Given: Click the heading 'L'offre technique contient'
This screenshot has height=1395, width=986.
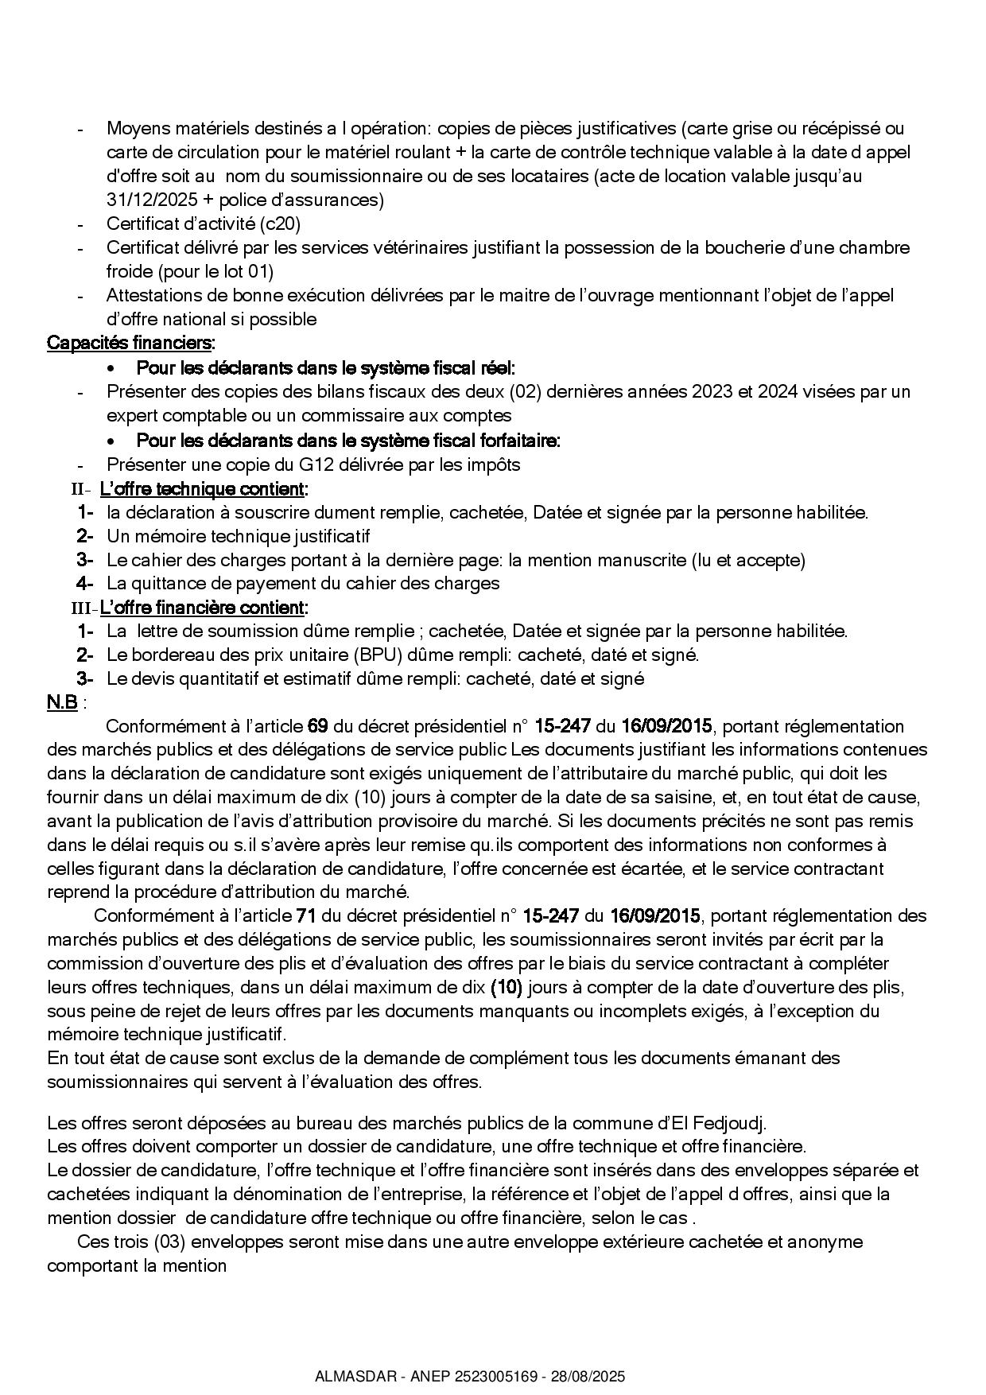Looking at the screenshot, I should pos(202,488).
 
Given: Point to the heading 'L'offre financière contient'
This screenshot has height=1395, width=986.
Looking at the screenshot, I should pos(202,608).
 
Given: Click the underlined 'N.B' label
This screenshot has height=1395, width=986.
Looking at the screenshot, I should pos(62,703).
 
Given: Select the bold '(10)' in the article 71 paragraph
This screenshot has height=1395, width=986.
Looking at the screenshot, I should pos(506,988).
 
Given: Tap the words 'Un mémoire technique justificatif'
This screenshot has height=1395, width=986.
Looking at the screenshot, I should pos(239,536).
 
